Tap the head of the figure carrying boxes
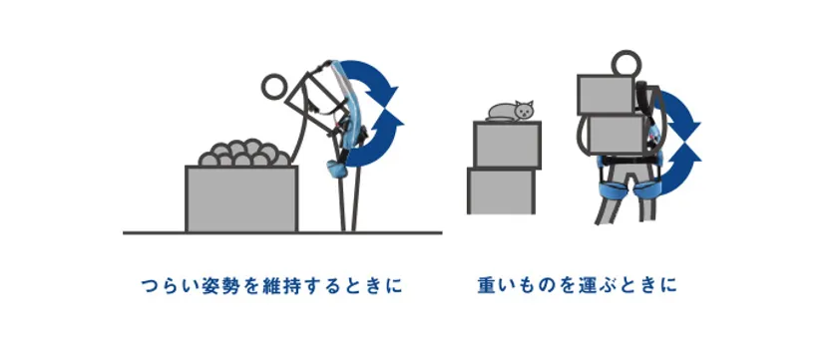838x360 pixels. (x=627, y=64)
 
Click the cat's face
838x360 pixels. (x=525, y=111)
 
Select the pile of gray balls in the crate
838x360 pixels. (x=244, y=153)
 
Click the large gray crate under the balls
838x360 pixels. (x=241, y=198)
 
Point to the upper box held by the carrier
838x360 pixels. (x=606, y=94)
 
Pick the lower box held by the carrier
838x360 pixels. (x=617, y=135)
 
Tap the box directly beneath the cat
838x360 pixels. (x=507, y=144)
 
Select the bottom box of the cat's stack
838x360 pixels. (x=501, y=190)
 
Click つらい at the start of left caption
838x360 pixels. (x=169, y=286)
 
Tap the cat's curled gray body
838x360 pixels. (x=503, y=112)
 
